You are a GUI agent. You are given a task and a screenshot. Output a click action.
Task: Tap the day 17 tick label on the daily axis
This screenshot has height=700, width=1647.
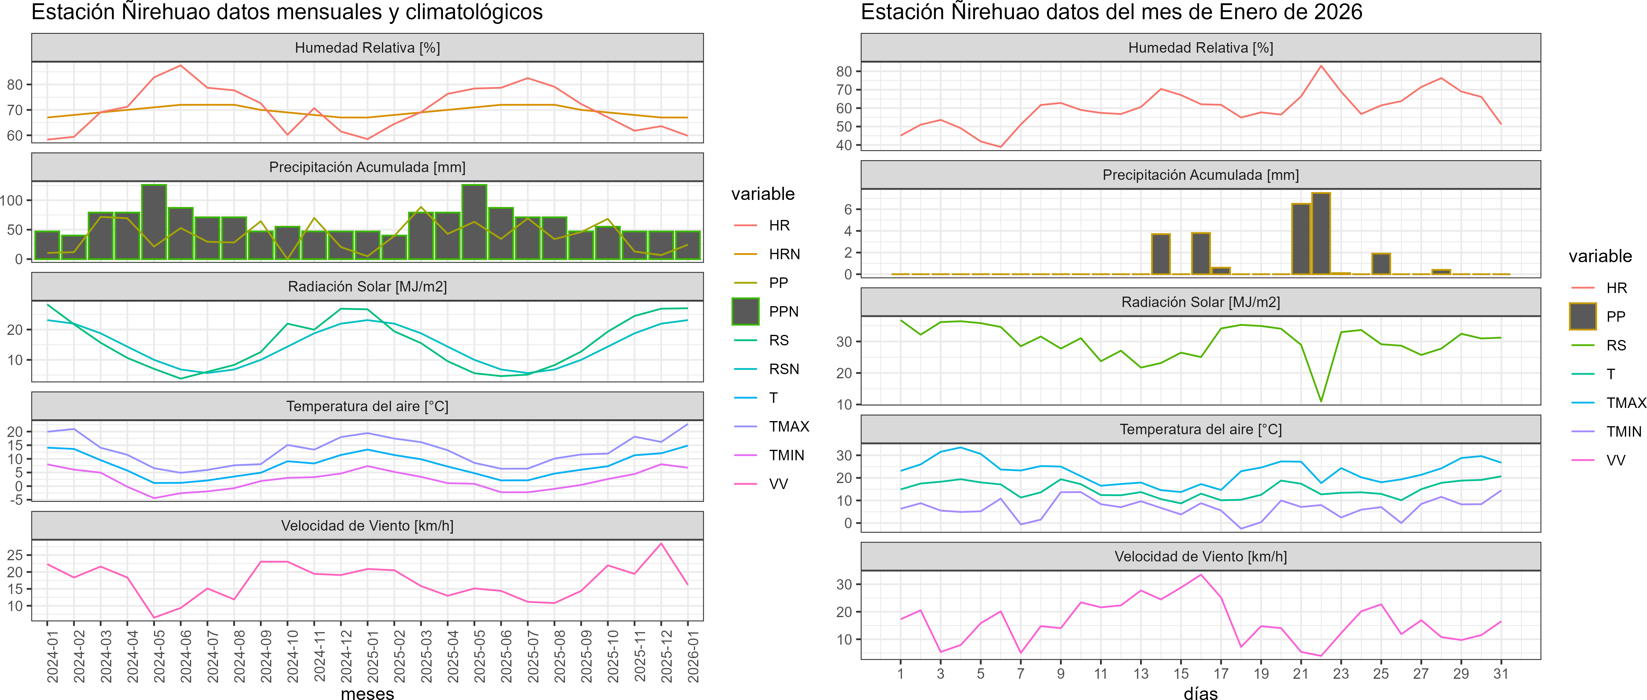click(x=1221, y=674)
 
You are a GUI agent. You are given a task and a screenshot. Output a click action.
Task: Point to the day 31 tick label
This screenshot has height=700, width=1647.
click(x=1500, y=674)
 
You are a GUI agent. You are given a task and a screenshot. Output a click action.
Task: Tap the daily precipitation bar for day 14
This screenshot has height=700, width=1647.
click(x=1160, y=254)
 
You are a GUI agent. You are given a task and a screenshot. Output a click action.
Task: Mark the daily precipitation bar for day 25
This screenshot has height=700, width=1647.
click(x=1381, y=264)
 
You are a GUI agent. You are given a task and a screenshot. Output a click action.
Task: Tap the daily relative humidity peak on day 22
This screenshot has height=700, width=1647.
click(x=1321, y=66)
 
